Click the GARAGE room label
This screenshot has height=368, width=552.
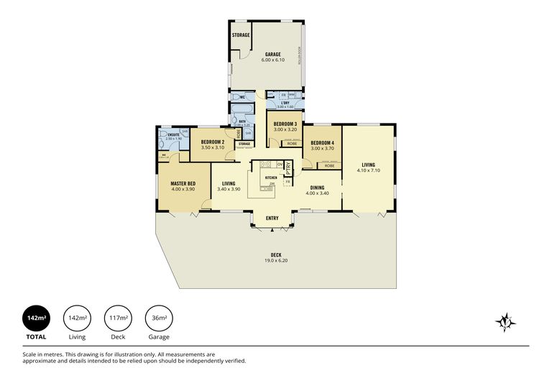[x=272, y=55]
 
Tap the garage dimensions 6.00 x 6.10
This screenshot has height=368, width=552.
[x=272, y=60]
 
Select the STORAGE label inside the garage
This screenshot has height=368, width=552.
[x=241, y=35]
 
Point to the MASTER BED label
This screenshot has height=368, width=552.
[x=183, y=183]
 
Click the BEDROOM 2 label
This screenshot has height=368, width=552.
[x=213, y=142]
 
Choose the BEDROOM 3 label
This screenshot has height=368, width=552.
[x=285, y=124]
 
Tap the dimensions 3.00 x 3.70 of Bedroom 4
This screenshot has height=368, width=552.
[x=323, y=148]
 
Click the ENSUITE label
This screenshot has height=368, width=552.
[x=172, y=134]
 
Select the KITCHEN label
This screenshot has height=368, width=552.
[x=271, y=178]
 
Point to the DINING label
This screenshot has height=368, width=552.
[x=317, y=188]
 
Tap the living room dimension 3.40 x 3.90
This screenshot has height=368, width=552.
[x=229, y=189]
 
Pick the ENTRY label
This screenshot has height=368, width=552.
[x=272, y=218]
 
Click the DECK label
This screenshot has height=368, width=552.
[x=276, y=255]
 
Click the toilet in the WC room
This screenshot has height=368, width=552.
[x=236, y=96]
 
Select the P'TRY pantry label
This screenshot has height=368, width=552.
[x=288, y=170]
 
